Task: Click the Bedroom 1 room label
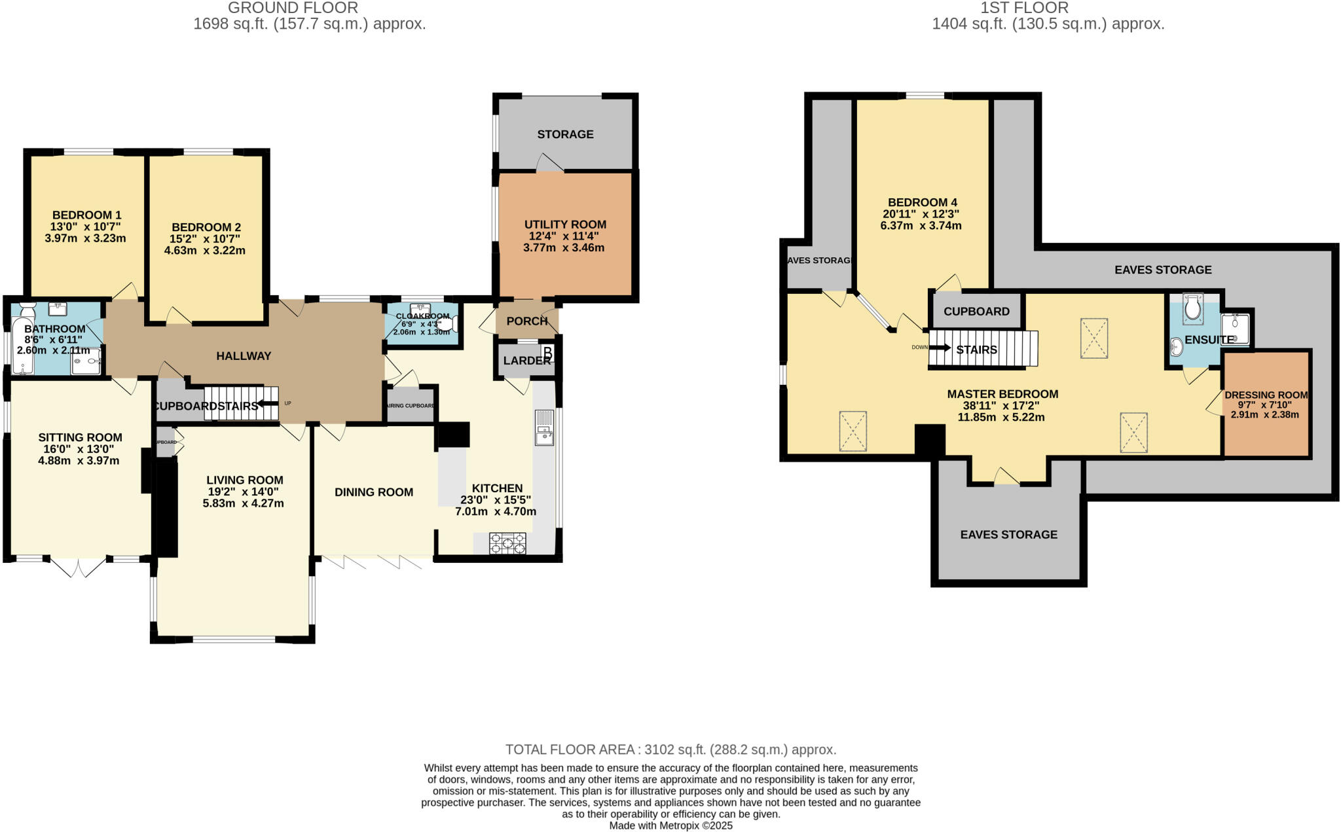coord(86,215)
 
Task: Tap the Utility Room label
coord(565,225)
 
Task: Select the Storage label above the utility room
coord(565,134)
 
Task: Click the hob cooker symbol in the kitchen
coord(507,543)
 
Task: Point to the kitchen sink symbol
coord(544,427)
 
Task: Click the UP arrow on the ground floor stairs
coord(268,403)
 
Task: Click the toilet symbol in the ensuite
coord(1192,308)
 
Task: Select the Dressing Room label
coord(1266,395)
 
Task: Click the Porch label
coord(526,321)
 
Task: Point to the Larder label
coord(526,361)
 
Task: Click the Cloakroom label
coord(422,316)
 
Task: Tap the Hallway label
coord(244,356)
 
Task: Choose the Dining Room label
coord(374,492)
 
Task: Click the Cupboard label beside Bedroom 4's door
coord(976,312)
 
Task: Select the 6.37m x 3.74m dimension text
coord(921,226)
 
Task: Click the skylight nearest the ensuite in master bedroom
coord(1093,338)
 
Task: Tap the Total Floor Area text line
coord(670,750)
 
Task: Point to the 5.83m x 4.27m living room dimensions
coord(243,503)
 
